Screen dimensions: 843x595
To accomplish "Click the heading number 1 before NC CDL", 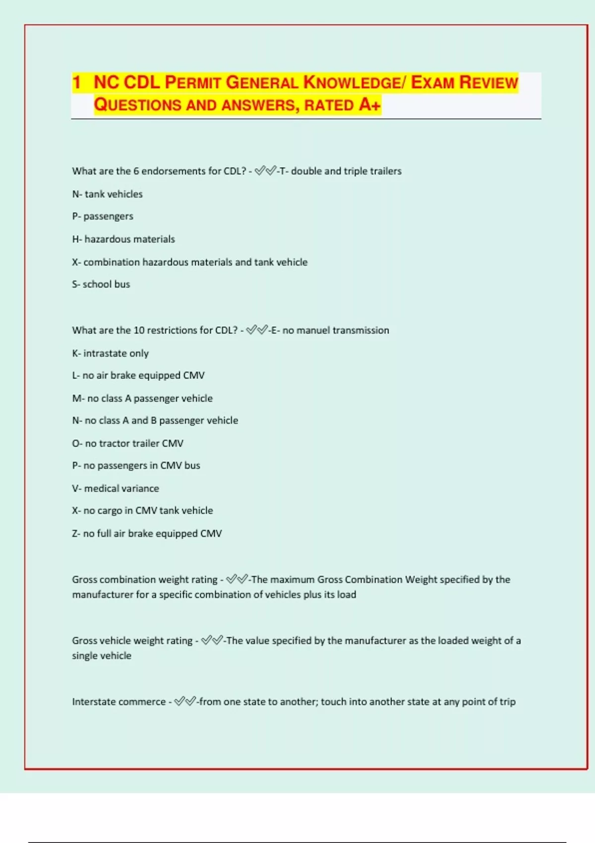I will coord(76,82).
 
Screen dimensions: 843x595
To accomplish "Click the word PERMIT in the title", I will coord(192,82).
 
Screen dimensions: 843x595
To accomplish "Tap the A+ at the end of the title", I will coord(370,105).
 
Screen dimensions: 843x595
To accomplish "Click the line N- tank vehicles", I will coord(107,194).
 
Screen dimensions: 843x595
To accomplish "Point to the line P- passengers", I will coord(103,217).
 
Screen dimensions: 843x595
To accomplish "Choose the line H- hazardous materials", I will coord(123,240).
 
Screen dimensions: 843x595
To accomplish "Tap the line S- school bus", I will coord(101,285).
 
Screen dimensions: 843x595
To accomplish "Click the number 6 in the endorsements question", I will coord(136,171).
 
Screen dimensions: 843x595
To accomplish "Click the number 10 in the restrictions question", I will coord(139,330).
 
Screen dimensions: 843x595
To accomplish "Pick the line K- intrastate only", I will coord(110,354).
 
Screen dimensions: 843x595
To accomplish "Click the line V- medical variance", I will coord(116,488).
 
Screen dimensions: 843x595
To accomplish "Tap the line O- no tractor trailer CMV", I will coord(127,443).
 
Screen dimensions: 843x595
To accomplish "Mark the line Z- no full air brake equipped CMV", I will coord(147,534).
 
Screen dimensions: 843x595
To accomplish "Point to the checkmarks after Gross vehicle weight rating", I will coord(212,640).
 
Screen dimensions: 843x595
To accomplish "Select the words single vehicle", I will coord(102,656).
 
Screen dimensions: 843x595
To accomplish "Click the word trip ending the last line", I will coord(507,702).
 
